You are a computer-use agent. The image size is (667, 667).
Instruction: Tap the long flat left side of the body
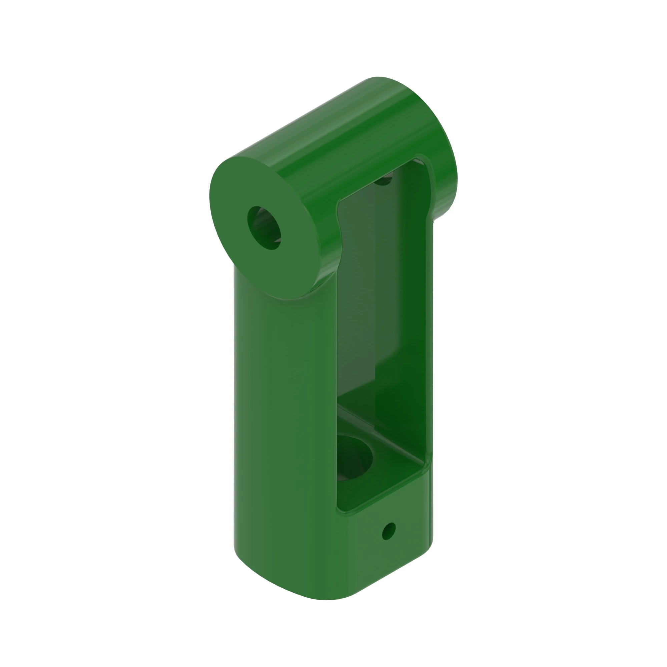(x=276, y=414)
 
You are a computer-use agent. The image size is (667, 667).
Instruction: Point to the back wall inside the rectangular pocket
(x=356, y=293)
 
